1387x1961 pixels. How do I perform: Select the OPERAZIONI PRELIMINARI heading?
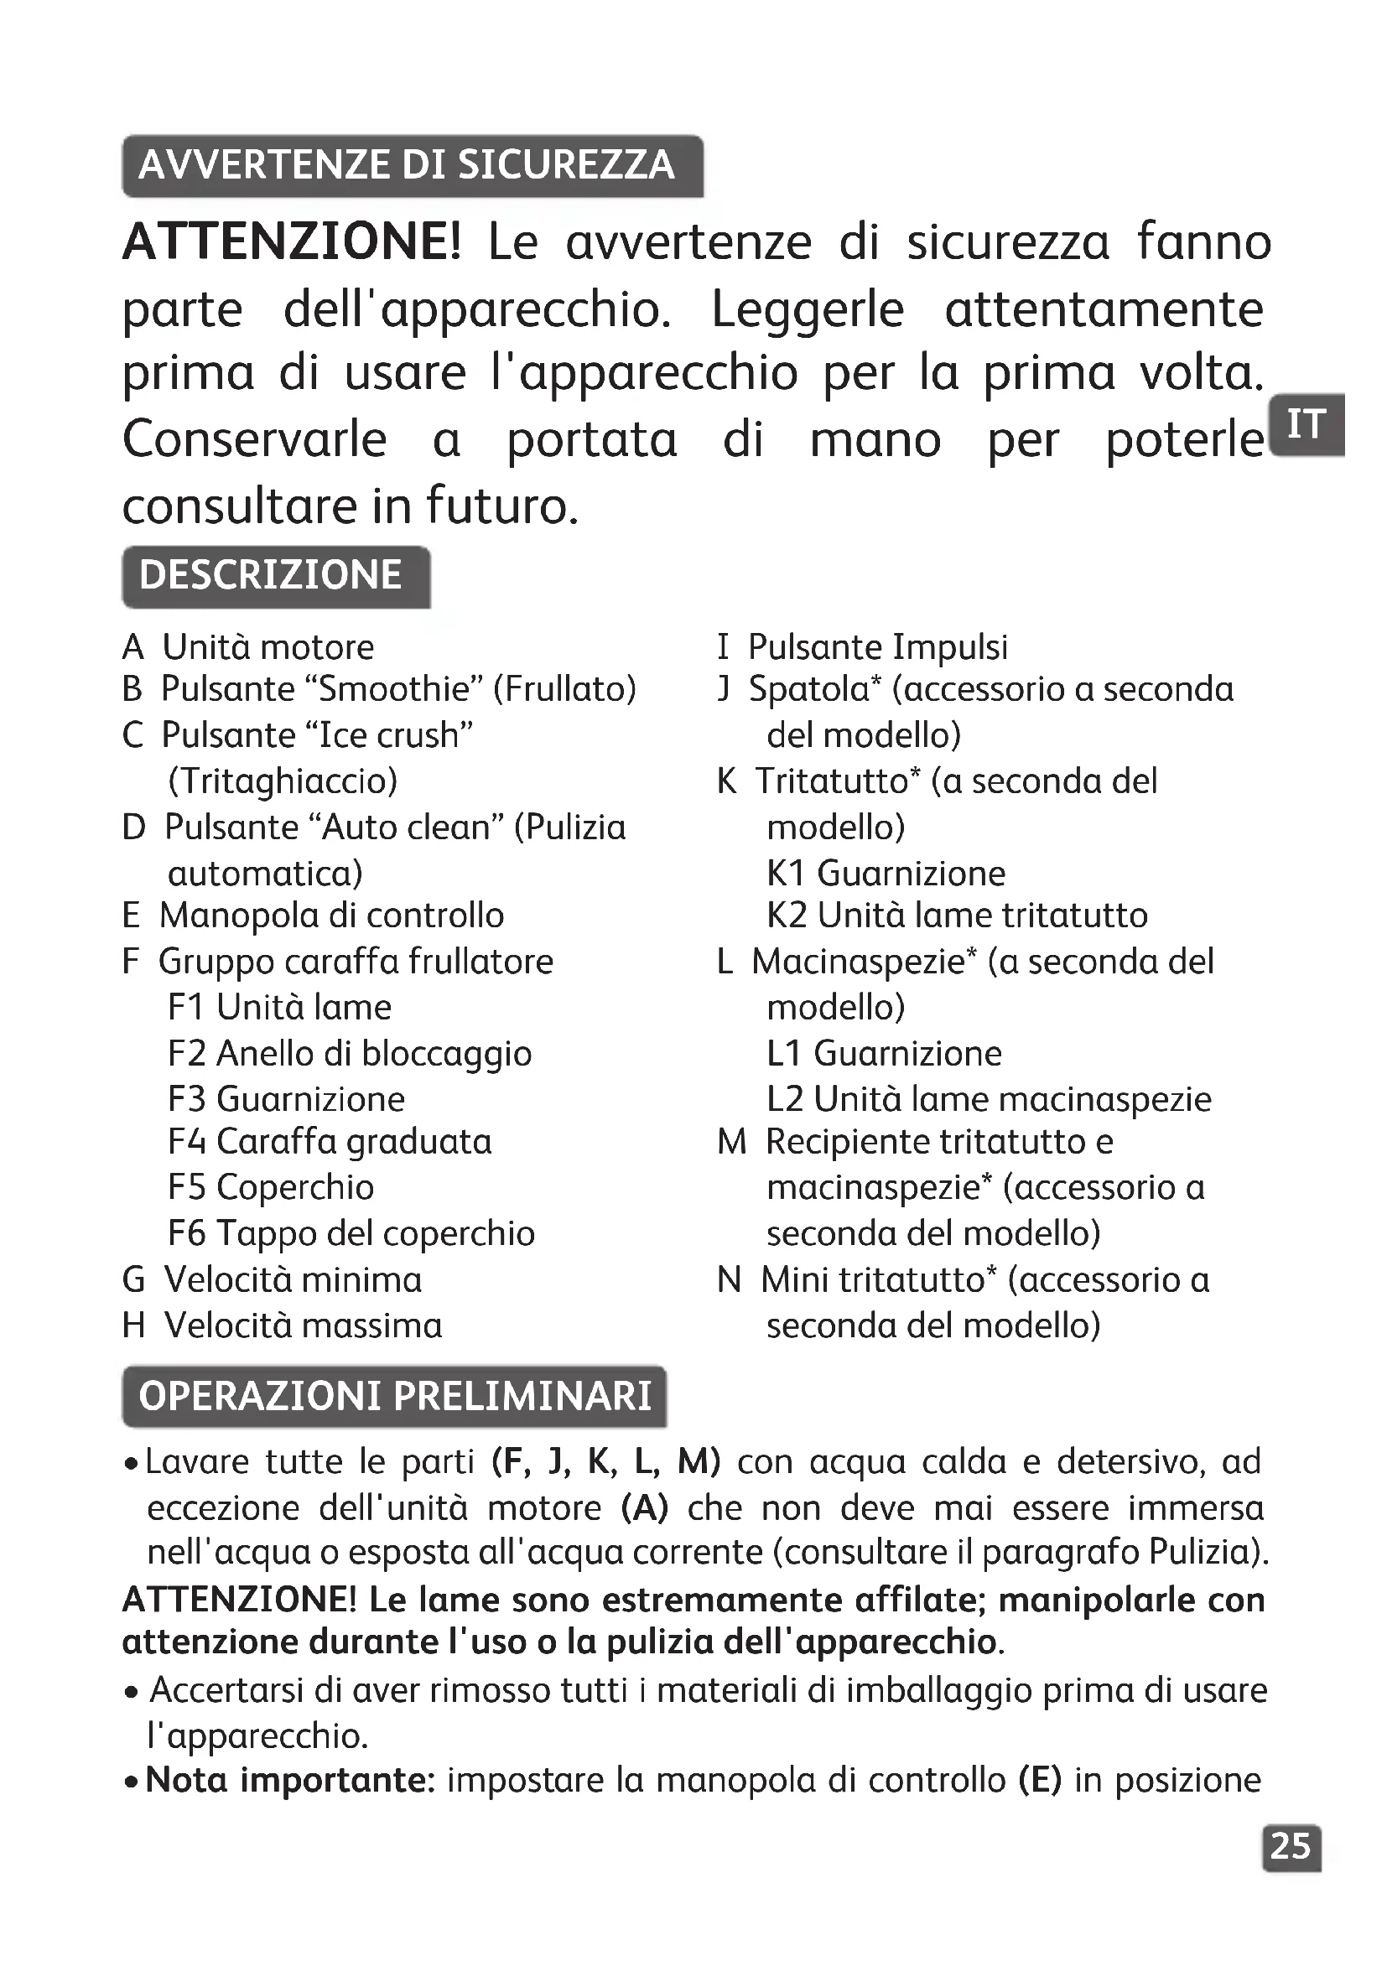coord(395,1396)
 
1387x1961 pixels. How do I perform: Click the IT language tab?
coord(1306,424)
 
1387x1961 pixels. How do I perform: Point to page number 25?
coord(1291,1846)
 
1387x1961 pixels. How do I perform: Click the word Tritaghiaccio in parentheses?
coord(283,781)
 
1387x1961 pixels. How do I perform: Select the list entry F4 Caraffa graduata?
coord(330,1141)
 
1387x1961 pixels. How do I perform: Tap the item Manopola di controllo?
coord(331,916)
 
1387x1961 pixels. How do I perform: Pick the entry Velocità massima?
coord(304,1325)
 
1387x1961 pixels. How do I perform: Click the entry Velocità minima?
coord(293,1279)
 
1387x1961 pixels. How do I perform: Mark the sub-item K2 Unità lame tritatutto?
coord(957,916)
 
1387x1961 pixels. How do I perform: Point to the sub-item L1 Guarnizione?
coord(884,1053)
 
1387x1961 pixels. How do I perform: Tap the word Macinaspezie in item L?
coord(860,962)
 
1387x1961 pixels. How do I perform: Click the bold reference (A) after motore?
coord(645,1508)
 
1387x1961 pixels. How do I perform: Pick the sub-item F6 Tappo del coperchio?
coord(351,1233)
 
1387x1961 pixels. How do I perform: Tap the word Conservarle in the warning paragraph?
coord(255,441)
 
